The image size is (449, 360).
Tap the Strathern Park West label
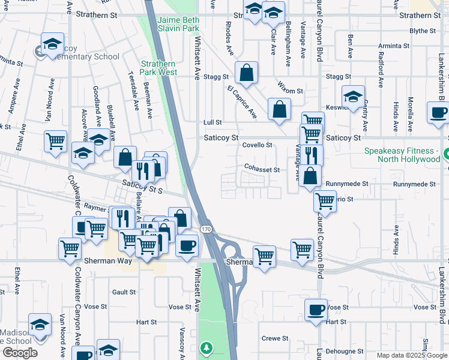point(158,68)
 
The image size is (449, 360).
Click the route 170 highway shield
point(206,229)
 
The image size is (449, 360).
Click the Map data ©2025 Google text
point(412,355)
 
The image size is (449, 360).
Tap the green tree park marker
point(206,348)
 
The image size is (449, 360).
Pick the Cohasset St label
point(262,170)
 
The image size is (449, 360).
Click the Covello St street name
point(258,145)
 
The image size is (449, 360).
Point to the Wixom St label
point(291,91)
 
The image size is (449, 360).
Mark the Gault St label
point(124,292)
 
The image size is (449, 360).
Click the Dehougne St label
point(345,351)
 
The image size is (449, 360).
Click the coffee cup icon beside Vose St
point(316,310)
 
